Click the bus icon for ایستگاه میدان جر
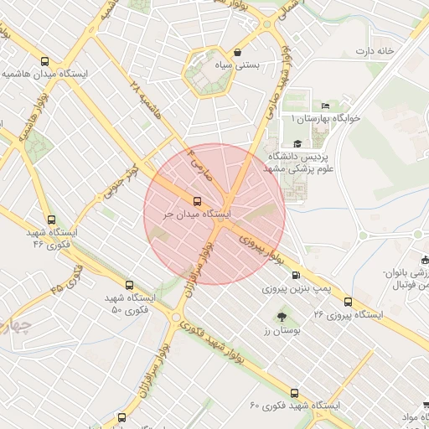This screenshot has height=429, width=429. (x=198, y=201)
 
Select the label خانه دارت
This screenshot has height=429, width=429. (x=374, y=51)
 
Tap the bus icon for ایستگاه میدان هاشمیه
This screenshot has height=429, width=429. (x=45, y=61)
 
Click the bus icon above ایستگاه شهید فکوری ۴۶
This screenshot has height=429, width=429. (x=51, y=220)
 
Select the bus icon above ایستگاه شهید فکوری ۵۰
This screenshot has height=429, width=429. (x=129, y=285)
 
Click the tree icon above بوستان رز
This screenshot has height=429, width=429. (x=282, y=317)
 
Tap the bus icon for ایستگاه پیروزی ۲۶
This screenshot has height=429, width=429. (x=348, y=302)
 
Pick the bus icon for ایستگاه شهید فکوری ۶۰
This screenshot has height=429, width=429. (x=294, y=392)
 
